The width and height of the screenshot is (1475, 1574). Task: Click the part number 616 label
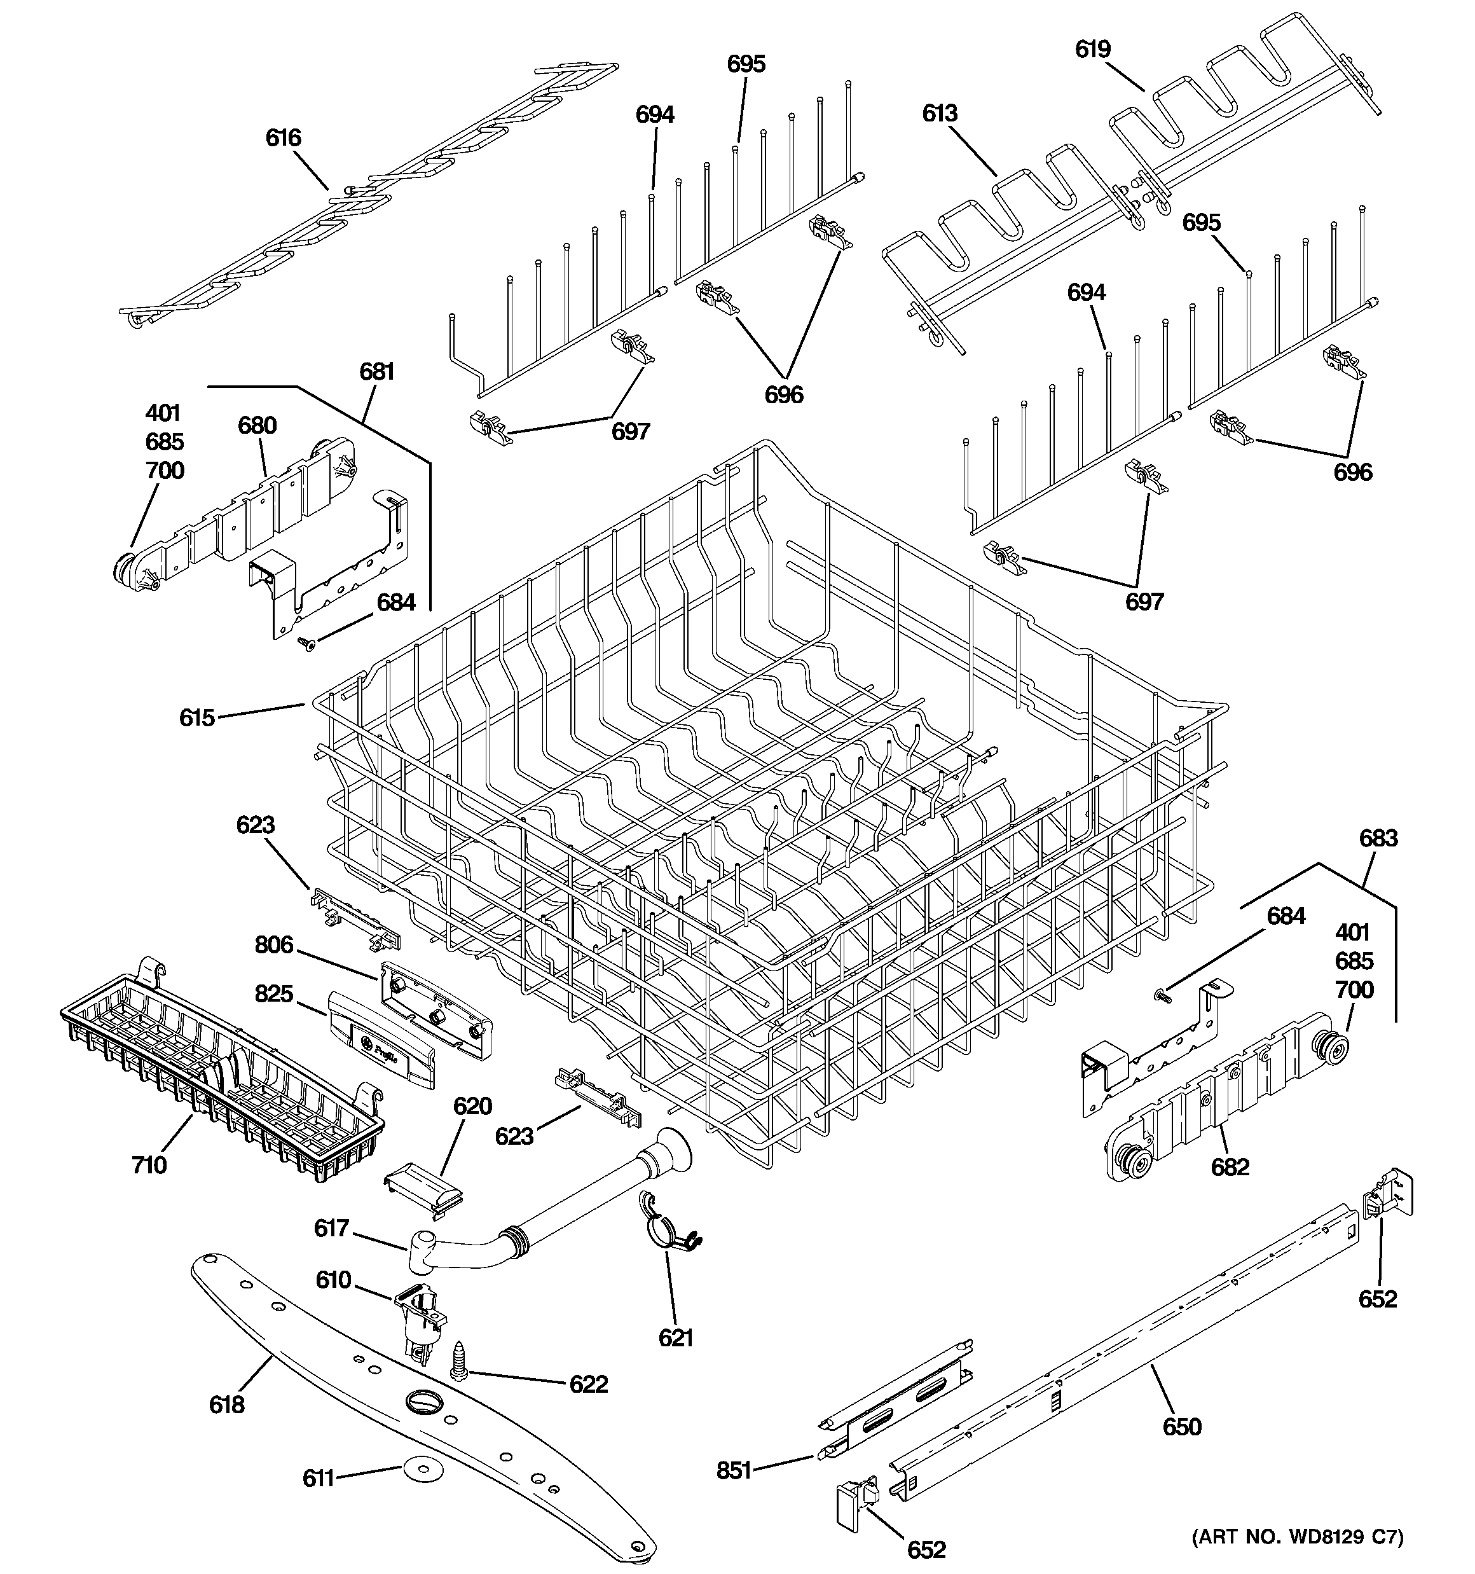283,139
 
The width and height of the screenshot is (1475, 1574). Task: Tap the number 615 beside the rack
196,718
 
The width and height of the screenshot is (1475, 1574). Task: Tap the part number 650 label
1181,1426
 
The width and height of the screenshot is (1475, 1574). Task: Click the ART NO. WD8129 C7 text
1297,1536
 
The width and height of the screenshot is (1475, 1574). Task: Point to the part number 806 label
274,944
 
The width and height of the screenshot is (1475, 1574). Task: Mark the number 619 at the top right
1093,50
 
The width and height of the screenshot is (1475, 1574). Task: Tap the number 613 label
940,114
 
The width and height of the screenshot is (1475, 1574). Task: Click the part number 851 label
733,1471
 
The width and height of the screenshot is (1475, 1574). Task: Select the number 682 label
1230,1166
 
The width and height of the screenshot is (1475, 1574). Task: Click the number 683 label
1378,838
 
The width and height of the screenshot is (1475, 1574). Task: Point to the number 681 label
377,371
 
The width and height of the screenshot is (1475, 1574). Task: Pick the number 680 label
257,426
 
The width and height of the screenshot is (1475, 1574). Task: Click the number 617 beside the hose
331,1228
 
